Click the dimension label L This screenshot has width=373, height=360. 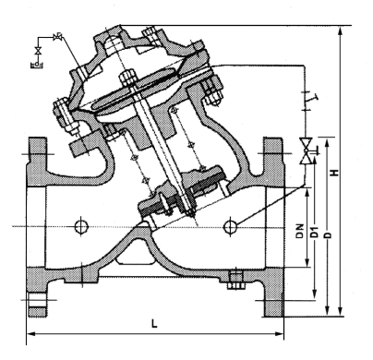pos(154,323)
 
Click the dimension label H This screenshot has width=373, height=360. pos(334,172)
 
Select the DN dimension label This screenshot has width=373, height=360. pos(300,231)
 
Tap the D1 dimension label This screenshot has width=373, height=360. pos(314,232)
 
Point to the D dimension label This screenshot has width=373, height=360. pos(329,234)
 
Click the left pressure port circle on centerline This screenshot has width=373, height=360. pos(82,227)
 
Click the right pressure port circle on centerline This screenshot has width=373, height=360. pos(231,227)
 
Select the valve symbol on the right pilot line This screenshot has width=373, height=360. pos(307,150)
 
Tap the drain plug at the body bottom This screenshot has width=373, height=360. pos(236,281)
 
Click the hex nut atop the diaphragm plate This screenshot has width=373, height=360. pos(126,78)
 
